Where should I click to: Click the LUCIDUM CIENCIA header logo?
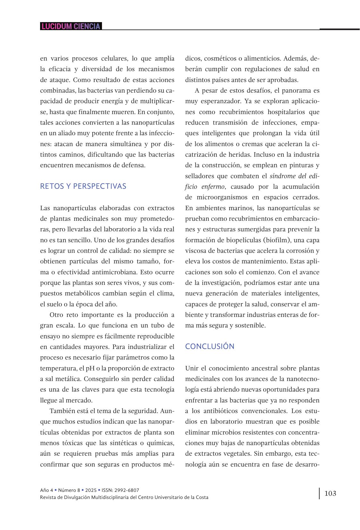(x=71, y=26)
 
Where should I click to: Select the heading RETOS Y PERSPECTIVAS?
(x=83, y=186)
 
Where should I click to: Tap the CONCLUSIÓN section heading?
(x=210, y=346)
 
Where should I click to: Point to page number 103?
(x=330, y=493)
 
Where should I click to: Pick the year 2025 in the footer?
(x=91, y=490)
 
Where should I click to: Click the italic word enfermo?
(x=213, y=186)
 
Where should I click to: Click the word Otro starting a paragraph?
(x=56, y=315)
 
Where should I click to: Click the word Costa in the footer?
(x=201, y=497)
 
